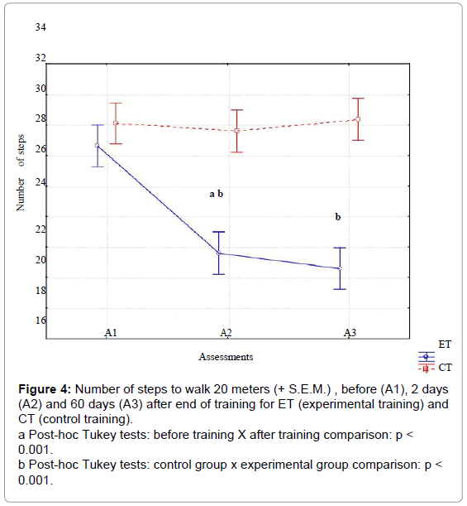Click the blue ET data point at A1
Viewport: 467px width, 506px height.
[97, 146]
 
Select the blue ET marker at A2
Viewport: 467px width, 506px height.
[219, 253]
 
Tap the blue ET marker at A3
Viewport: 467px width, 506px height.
[340, 268]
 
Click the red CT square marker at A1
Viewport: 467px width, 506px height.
[116, 123]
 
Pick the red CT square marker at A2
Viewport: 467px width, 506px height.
[236, 131]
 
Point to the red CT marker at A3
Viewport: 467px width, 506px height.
[358, 119]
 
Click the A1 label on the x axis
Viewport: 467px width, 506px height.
[111, 333]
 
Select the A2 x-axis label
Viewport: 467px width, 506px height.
[226, 333]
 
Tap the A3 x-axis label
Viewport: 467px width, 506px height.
[350, 333]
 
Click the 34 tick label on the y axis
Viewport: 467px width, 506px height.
[41, 27]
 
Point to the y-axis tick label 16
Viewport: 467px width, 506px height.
[41, 320]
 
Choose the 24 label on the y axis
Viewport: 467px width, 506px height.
[41, 183]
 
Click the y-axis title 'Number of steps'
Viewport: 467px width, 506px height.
[21, 172]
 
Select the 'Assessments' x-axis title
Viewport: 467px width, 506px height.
[226, 357]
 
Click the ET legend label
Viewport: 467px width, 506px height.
[445, 345]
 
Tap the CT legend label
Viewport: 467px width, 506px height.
[446, 368]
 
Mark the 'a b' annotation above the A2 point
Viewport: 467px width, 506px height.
[216, 194]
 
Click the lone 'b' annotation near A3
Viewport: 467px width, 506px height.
[338, 216]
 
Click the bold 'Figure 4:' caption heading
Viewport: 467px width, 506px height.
[45, 389]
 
